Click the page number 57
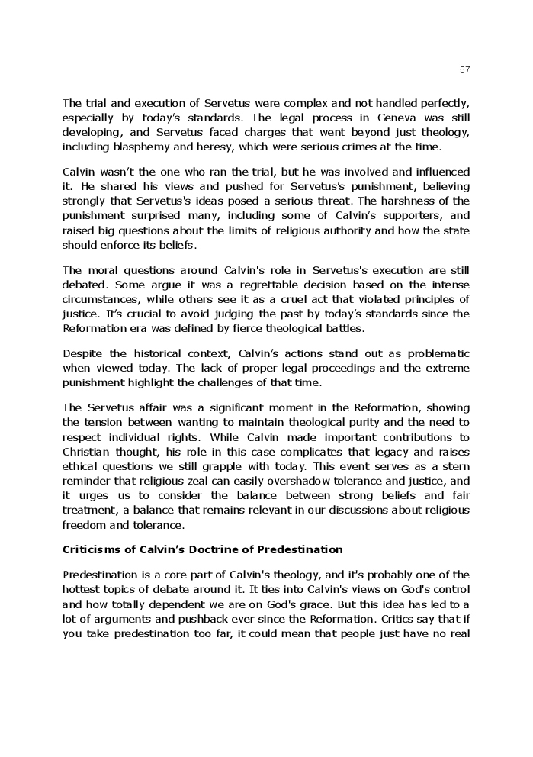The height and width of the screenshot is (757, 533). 464,70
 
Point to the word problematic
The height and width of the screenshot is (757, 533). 433,353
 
